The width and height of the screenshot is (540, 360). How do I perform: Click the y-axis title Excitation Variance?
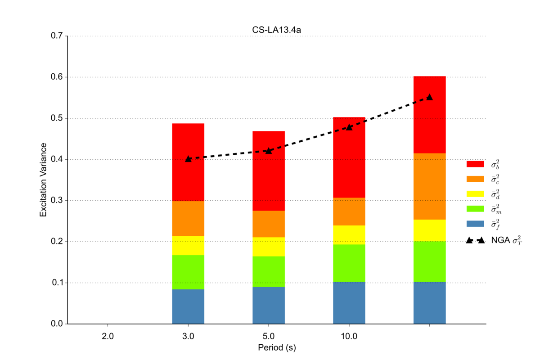tap(43, 180)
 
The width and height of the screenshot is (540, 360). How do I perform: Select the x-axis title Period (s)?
tap(276, 348)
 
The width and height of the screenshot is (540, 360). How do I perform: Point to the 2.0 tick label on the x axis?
tap(108, 336)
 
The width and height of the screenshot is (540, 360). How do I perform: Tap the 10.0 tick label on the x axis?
tap(349, 336)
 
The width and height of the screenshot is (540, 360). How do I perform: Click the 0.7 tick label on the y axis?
tap(57, 36)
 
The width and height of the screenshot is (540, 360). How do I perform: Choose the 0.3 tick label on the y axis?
tap(57, 201)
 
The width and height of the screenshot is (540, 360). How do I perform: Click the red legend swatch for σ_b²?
tap(475, 164)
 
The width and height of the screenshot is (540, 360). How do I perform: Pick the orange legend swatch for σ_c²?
tap(475, 179)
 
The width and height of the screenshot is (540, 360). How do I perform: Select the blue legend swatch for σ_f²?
tap(475, 224)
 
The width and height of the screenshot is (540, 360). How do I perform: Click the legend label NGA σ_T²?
tap(506, 241)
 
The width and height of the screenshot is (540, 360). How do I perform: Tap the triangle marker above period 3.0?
tap(188, 159)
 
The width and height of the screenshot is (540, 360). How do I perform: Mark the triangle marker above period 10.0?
tap(349, 127)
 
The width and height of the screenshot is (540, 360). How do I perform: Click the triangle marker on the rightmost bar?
tap(429, 97)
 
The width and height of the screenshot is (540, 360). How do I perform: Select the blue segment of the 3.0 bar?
tap(188, 306)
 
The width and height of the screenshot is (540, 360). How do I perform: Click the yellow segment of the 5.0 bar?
tap(269, 247)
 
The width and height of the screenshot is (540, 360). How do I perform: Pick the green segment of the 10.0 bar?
tap(349, 263)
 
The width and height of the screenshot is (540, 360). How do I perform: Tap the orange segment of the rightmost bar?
tap(429, 186)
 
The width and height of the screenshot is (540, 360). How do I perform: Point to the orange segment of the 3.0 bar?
tap(188, 218)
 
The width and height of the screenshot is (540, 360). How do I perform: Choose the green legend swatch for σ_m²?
tap(475, 209)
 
